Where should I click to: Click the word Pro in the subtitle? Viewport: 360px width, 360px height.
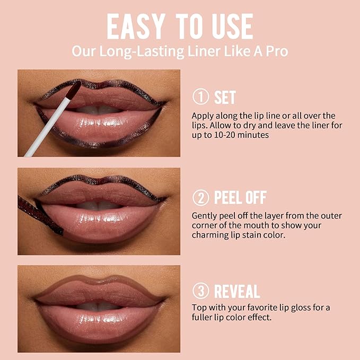click(276, 51)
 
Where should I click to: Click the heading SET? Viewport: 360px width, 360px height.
click(225, 98)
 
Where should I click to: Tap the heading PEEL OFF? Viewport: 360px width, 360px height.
click(240, 198)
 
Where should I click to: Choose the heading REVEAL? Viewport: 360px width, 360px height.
click(236, 291)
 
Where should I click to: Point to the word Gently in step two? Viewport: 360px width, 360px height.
click(205, 215)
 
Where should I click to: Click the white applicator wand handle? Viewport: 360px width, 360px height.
click(48, 127)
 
